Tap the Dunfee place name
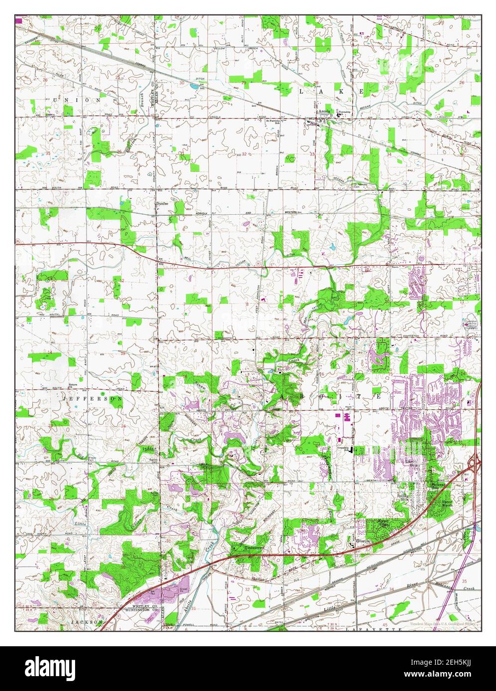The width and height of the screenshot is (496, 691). pyautogui.click(x=162, y=203)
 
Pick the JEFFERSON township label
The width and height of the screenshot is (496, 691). pyautogui.click(x=92, y=399)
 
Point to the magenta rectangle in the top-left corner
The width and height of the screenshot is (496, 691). pyautogui.click(x=19, y=20)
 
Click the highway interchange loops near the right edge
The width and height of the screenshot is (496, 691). pyautogui.click(x=475, y=464)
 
